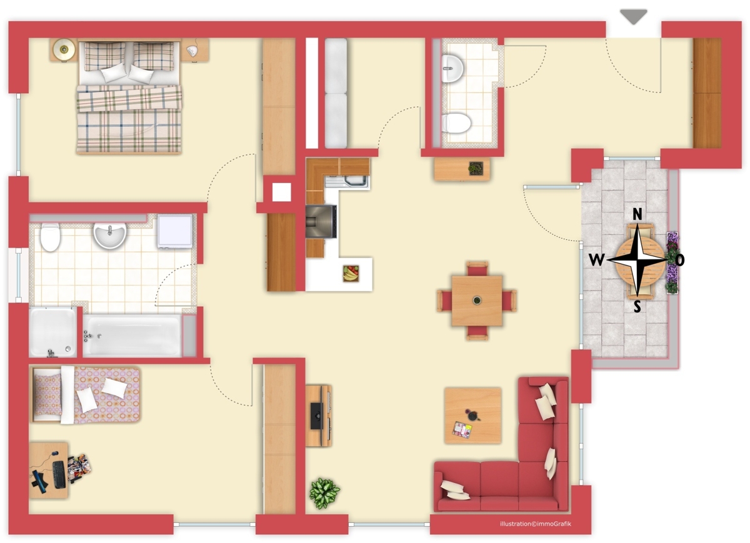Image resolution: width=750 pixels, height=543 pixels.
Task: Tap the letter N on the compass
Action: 637,214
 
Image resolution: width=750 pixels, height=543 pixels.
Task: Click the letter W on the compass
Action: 597,259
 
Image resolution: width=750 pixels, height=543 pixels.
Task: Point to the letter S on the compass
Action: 637,306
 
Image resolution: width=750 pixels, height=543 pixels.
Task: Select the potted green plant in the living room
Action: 324,493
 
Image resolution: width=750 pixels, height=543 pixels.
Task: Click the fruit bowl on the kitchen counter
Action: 351,273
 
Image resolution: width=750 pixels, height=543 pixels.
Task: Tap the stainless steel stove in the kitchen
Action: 321,222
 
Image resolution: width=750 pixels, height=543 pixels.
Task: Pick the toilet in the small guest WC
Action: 457,123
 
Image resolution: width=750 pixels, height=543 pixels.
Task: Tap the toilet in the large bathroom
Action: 50,237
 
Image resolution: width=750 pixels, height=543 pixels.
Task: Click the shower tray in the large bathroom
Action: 53,332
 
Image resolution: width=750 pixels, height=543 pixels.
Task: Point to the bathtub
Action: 132,335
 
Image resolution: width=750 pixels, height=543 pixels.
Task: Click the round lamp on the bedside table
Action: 64,49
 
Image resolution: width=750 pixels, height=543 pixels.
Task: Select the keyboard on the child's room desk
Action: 59,474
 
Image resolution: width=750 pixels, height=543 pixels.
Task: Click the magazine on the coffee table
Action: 462,430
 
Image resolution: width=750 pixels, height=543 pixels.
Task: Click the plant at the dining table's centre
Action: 477,300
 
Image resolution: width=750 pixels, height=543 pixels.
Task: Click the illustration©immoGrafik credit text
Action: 536,524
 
